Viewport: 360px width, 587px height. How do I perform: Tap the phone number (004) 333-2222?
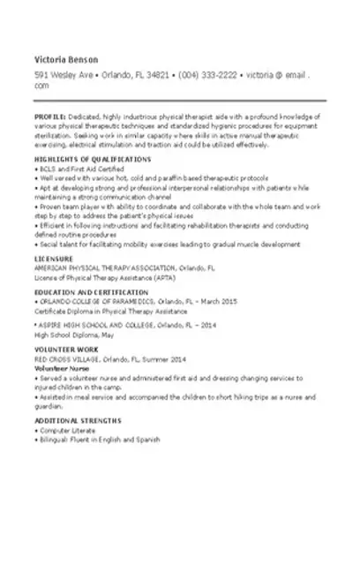tap(208, 75)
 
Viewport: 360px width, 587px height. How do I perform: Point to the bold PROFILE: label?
tap(50, 116)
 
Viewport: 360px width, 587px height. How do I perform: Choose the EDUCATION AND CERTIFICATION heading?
tap(90, 290)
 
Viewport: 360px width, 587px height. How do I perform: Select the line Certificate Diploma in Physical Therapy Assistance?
tap(110, 310)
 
